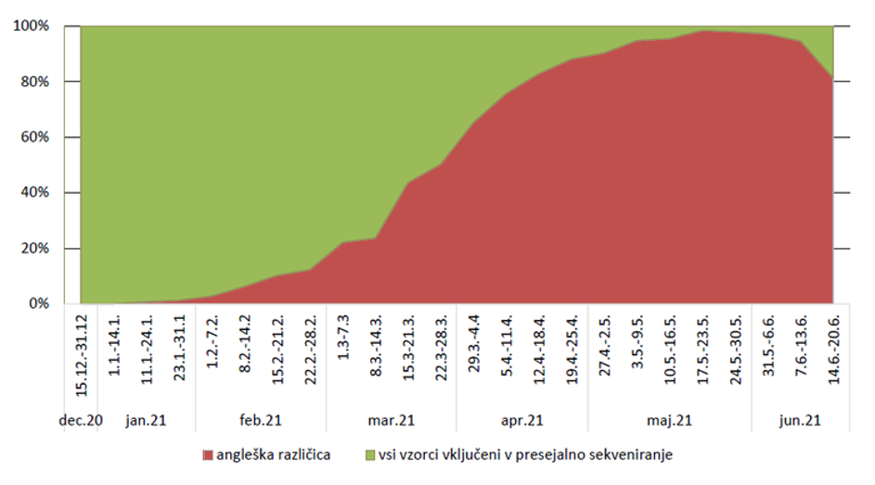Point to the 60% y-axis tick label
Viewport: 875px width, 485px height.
click(x=35, y=137)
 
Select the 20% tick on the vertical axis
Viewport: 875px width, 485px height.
click(x=35, y=249)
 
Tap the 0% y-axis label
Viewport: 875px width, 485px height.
click(x=39, y=304)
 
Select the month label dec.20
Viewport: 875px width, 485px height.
click(x=81, y=420)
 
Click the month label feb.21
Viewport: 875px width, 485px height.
click(x=261, y=420)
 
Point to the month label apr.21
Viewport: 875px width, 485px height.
click(x=522, y=420)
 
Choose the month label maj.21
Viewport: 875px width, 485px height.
click(x=670, y=420)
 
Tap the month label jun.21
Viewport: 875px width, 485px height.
click(x=799, y=420)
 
